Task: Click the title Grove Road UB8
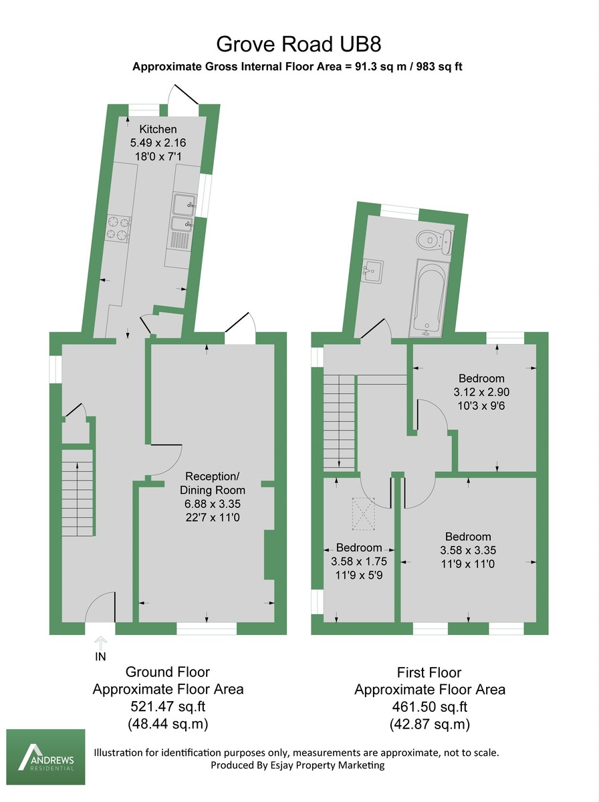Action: click(x=299, y=45)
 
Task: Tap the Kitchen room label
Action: click(x=158, y=129)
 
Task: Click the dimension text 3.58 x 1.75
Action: click(x=359, y=561)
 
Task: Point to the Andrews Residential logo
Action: click(x=46, y=757)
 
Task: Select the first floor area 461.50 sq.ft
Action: click(x=429, y=706)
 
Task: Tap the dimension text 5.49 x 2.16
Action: click(x=158, y=142)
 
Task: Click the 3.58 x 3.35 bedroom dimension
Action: click(x=468, y=551)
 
